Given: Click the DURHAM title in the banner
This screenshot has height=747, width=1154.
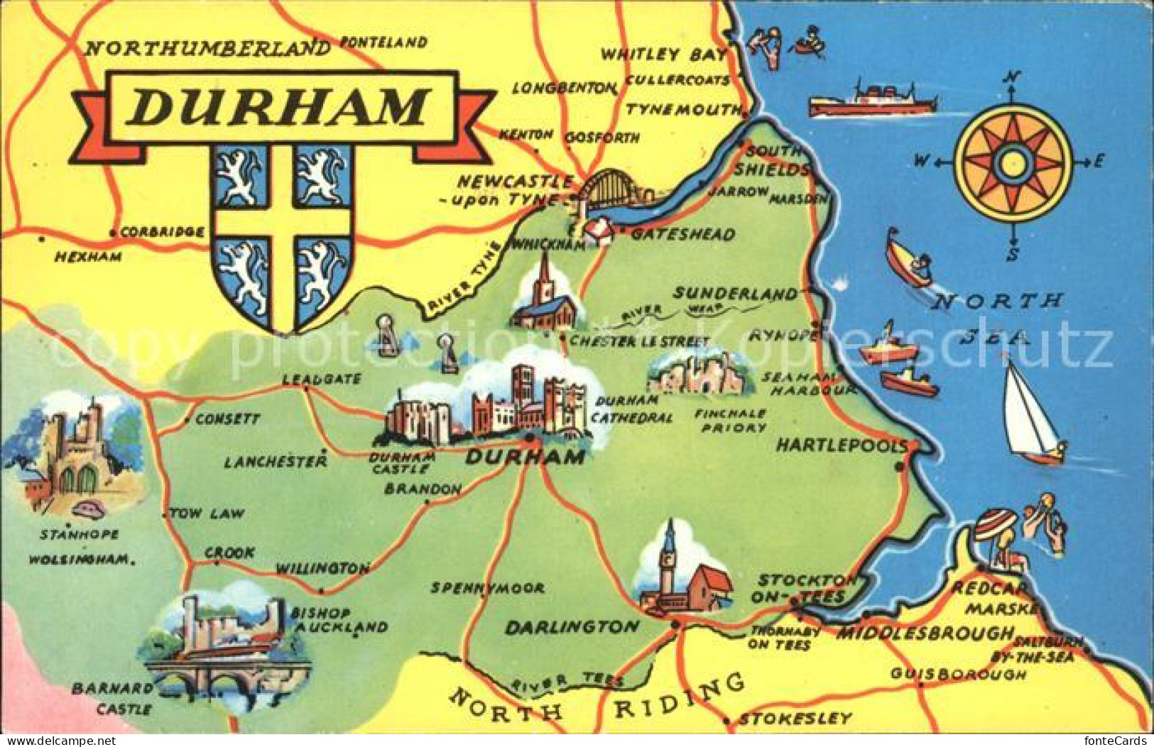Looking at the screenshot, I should click(x=280, y=107).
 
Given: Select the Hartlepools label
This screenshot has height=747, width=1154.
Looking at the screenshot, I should click(x=841, y=446).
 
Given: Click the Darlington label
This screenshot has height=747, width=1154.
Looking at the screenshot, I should click(x=572, y=627).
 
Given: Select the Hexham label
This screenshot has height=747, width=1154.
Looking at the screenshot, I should click(x=88, y=257).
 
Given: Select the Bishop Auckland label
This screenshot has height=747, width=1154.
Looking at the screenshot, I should click(x=339, y=620).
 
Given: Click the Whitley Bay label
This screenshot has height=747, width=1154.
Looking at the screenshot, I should click(x=663, y=55).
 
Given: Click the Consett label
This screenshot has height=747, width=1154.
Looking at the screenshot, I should click(x=227, y=419).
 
